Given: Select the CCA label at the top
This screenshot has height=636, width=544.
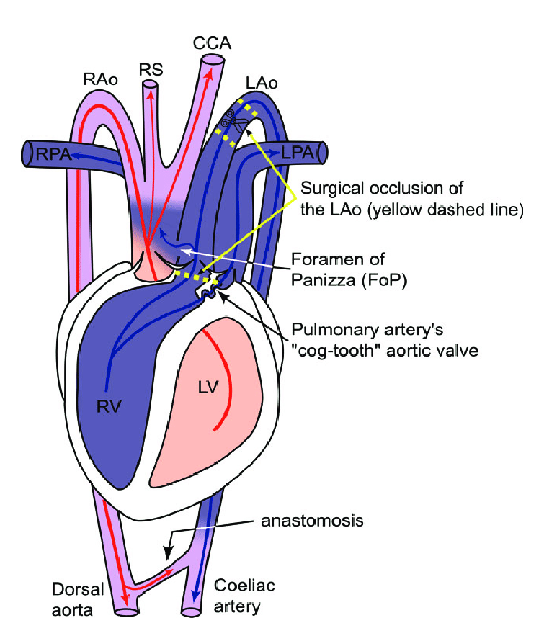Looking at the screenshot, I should pos(212,44).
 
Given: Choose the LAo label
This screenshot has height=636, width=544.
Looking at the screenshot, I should pos(261,84).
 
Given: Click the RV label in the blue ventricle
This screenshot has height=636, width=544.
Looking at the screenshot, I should pos(110,407).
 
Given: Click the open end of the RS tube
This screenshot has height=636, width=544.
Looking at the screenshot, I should pos(150,85).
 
